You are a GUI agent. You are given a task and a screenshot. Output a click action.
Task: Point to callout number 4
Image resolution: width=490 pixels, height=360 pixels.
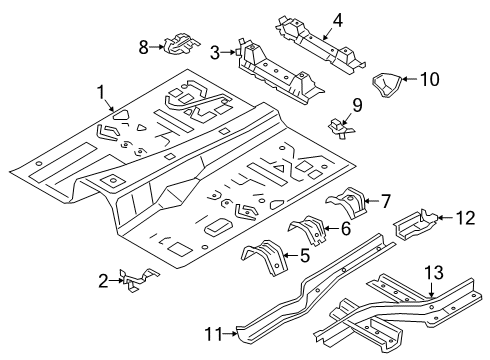[309, 17]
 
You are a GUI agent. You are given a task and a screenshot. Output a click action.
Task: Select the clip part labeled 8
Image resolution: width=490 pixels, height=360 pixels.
[177, 42]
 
